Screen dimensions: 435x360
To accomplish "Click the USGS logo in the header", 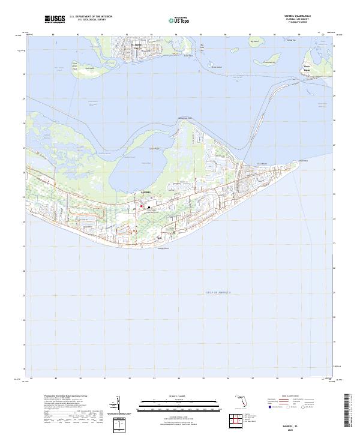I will tap(55, 20).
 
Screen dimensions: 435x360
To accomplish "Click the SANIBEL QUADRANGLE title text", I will tap(298, 16).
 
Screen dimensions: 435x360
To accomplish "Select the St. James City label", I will tap(137, 46).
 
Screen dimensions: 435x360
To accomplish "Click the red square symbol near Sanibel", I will tap(141, 207).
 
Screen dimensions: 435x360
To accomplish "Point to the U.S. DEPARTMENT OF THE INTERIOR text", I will tap(91, 17).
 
